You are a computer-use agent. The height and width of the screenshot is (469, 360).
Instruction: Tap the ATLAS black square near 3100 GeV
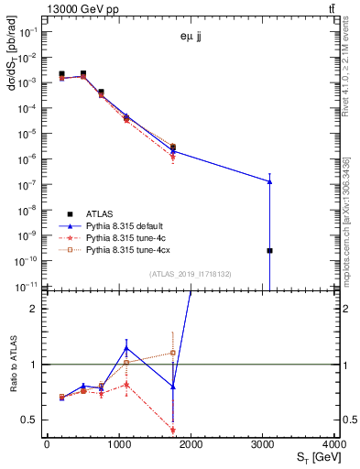point(269,250)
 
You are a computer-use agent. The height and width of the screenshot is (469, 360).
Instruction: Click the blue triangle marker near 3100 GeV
point(269,181)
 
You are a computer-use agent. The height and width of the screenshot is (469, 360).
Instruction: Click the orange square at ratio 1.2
point(172,353)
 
